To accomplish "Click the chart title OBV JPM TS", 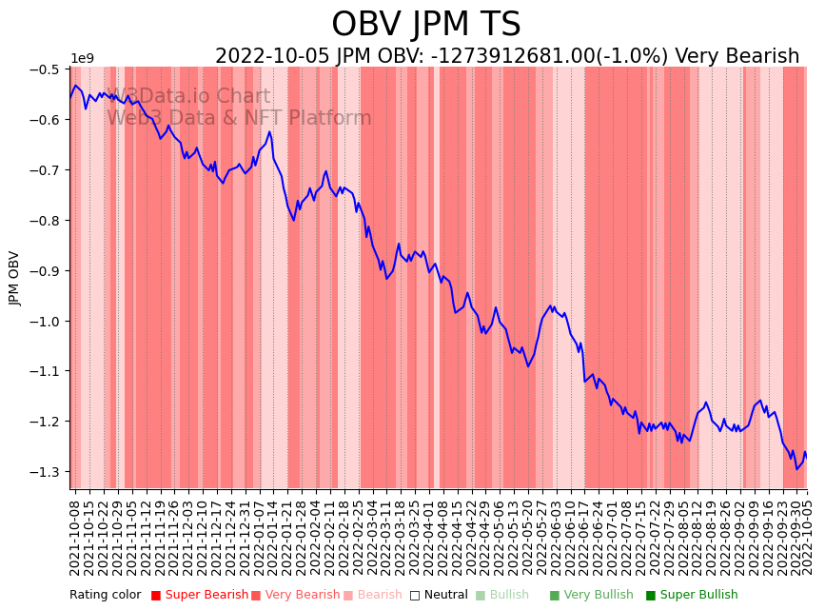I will (425, 25).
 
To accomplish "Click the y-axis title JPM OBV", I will (14, 278).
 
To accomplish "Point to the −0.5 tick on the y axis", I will (47, 69).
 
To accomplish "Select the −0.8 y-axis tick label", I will (47, 221).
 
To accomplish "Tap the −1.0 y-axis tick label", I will (47, 322).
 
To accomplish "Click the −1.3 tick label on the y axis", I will (47, 472).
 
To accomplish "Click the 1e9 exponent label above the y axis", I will (82, 59).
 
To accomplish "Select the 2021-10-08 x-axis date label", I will (75, 537).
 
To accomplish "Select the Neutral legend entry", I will (445, 596).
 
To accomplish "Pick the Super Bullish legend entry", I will (698, 596).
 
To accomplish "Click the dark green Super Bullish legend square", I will (651, 596).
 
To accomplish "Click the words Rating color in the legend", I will (105, 596).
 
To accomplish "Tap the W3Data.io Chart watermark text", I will (188, 97).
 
